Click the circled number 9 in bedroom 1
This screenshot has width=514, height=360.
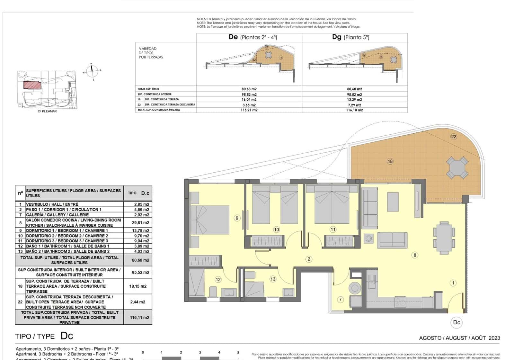(x=237, y=218)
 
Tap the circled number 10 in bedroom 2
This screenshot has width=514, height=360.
(x=276, y=230)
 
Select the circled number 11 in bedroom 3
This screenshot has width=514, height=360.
(x=333, y=230)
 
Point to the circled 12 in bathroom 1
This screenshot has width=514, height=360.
(x=218, y=279)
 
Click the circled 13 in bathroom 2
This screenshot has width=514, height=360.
(x=273, y=279)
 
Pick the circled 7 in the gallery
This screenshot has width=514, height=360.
(x=341, y=300)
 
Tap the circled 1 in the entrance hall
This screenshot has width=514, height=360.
(x=453, y=283)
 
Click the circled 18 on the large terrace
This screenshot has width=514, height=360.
(x=390, y=161)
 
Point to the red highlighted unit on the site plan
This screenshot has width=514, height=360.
(x=32, y=85)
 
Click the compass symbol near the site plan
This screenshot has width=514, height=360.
(x=92, y=71)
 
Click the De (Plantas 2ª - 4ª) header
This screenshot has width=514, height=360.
(x=253, y=37)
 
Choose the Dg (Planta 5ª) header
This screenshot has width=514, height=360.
(x=350, y=37)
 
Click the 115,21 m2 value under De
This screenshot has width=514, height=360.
(x=249, y=110)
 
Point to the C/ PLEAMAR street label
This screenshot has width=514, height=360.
(x=47, y=111)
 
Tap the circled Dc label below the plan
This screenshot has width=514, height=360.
(x=456, y=322)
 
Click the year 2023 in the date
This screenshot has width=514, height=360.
(x=494, y=338)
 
